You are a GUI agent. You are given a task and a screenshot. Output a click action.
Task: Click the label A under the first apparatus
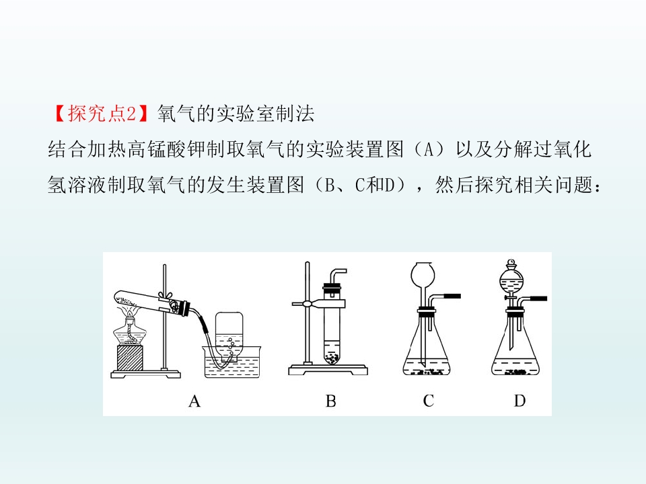pos(194,401)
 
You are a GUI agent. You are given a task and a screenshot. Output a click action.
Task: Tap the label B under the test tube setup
pos(331,401)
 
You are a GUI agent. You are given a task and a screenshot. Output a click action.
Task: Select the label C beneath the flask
pos(429,401)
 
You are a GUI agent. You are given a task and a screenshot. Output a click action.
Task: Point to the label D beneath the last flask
pos(520,401)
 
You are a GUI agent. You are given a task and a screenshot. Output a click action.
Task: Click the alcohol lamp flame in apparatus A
pos(130,315)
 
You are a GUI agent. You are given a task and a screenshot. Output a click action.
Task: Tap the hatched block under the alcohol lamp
pos(130,357)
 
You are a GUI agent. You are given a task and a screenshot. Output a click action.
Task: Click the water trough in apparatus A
pos(233,362)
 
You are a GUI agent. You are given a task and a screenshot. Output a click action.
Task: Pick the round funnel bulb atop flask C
pos(423,274)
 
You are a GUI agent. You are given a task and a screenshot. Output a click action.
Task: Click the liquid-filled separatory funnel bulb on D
pos(511,278)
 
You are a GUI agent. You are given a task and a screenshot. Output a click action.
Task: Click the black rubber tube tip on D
pos(538,298)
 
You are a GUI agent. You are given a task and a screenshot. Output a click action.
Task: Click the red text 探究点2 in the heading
pos(102,113)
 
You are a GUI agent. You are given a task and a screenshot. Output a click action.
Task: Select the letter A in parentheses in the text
pos(429,149)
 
